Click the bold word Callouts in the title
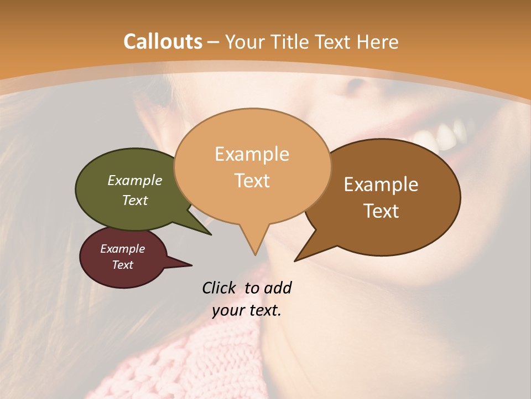[x=163, y=42]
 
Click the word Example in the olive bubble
[x=135, y=181]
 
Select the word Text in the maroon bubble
[x=123, y=265]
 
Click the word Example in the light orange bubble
[x=252, y=154]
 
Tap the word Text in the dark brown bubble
[x=382, y=211]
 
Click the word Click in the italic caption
[x=221, y=288]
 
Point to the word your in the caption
[x=228, y=310]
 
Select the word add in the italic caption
[x=278, y=288]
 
